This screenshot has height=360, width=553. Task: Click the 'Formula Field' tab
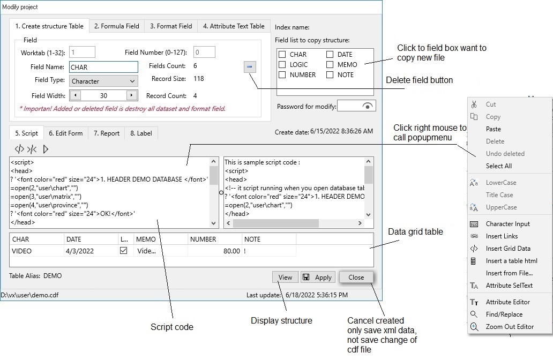pyautogui.click(x=116, y=26)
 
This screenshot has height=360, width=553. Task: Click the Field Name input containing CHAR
pyautogui.click(x=103, y=67)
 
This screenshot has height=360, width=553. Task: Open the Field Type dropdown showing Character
pyautogui.click(x=103, y=81)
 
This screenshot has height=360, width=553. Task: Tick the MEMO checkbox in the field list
pyautogui.click(x=330, y=65)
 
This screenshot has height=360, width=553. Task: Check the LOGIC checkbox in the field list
pyautogui.click(x=282, y=65)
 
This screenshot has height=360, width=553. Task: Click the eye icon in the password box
pyautogui.click(x=367, y=106)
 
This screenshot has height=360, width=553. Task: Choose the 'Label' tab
pyautogui.click(x=141, y=133)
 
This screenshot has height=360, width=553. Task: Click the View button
pyautogui.click(x=285, y=277)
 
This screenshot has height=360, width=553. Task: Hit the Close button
pyautogui.click(x=356, y=277)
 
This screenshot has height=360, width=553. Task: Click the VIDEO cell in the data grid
pyautogui.click(x=22, y=251)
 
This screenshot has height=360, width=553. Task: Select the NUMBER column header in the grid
pyautogui.click(x=203, y=239)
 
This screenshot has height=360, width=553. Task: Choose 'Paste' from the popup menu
pyautogui.click(x=494, y=129)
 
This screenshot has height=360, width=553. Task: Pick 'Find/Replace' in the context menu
pyautogui.click(x=504, y=314)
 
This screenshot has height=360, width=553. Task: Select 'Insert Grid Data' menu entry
pyautogui.click(x=508, y=249)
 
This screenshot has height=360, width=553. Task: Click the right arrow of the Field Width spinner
pyautogui.click(x=131, y=95)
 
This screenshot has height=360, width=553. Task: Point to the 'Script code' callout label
pyautogui.click(x=171, y=327)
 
